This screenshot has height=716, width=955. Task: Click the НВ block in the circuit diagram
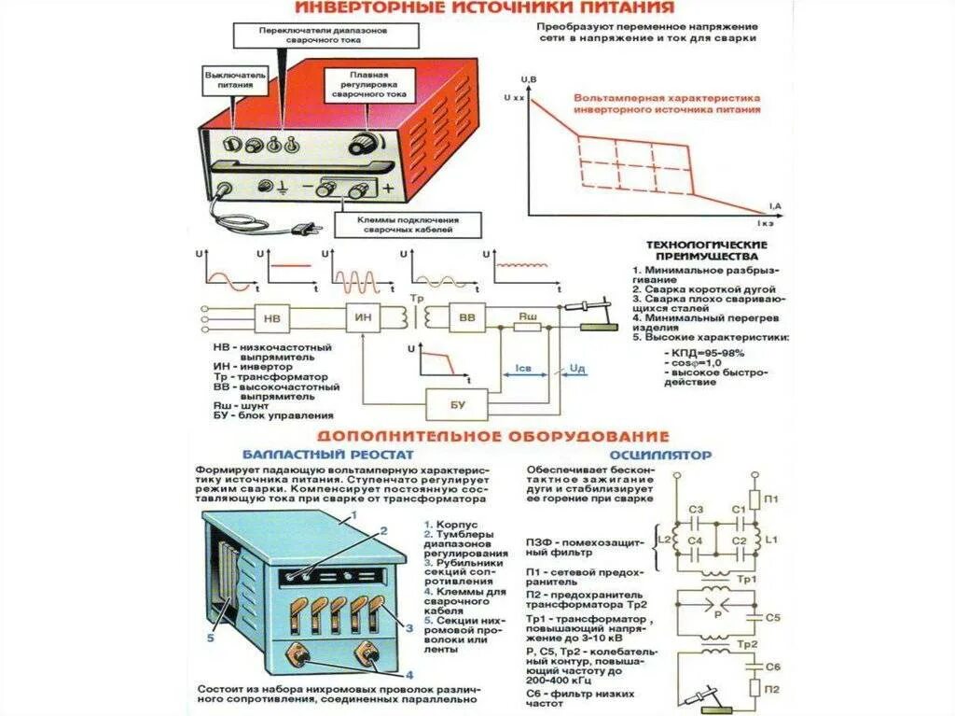click(273, 318)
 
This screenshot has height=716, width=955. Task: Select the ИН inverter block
click(365, 318)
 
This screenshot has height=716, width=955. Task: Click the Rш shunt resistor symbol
click(529, 318)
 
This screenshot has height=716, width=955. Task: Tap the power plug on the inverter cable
click(303, 227)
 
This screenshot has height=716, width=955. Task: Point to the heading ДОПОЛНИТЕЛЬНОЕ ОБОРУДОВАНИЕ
click(493, 436)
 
